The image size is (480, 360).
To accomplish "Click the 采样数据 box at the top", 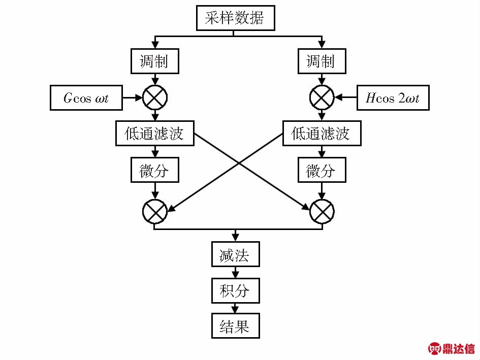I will [x=235, y=19].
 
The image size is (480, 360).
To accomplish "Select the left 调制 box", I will [x=155, y=61].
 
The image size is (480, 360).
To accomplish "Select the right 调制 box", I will [x=321, y=61].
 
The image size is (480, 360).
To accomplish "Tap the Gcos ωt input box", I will [x=86, y=98].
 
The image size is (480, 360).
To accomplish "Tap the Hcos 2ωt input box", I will [x=393, y=98].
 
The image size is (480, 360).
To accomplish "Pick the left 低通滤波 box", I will [x=155, y=134].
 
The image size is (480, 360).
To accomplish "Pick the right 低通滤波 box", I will [x=321, y=134].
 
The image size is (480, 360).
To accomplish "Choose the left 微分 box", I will [x=155, y=171].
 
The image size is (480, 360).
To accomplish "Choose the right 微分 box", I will [x=321, y=171].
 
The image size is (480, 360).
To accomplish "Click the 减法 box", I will [x=235, y=254].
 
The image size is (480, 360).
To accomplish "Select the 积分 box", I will [x=235, y=290].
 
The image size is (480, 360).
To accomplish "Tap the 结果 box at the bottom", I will [x=235, y=326].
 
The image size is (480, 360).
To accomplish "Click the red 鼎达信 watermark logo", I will [x=452, y=348].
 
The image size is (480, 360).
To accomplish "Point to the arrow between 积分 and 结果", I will [x=235, y=308].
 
